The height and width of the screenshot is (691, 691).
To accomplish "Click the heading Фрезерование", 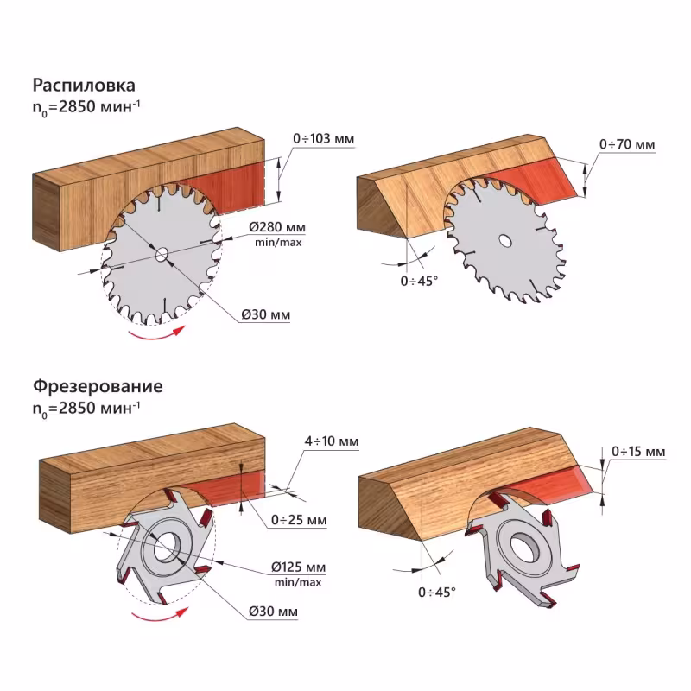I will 98,386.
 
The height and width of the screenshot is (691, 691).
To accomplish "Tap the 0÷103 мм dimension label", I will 324,138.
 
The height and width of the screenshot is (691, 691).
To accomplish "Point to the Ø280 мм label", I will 277,226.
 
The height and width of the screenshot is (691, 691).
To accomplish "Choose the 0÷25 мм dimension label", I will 298,520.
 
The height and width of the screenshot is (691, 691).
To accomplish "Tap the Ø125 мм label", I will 297,567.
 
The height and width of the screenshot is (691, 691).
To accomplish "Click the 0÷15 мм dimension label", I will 637,452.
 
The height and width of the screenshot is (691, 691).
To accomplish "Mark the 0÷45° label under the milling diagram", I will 436,592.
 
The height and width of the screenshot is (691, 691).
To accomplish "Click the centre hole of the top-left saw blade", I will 162,254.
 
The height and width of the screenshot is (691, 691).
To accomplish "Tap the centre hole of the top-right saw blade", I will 504,239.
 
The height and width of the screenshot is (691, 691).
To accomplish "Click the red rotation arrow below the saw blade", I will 155,335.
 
